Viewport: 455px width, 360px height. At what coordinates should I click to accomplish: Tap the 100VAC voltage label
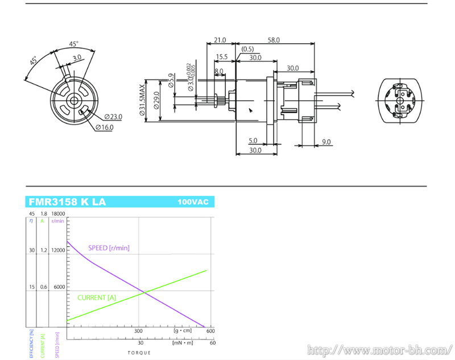tap(193, 202)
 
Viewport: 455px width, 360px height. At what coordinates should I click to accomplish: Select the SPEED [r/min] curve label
tap(109, 247)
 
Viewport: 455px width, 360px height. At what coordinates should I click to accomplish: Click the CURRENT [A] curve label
tap(97, 297)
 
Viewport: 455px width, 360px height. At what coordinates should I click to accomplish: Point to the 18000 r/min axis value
tap(59, 214)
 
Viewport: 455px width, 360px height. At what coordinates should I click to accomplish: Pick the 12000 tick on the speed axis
tap(59, 250)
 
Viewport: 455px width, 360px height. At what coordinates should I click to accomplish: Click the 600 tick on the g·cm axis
tap(210, 331)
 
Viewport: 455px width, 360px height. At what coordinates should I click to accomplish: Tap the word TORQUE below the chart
tap(139, 353)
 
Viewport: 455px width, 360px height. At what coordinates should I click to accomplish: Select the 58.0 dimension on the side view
tap(274, 40)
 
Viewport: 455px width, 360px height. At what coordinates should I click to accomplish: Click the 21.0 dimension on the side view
tap(220, 40)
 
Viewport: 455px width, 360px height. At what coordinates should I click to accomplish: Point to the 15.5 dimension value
tap(222, 57)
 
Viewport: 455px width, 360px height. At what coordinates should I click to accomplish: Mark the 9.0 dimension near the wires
tap(326, 142)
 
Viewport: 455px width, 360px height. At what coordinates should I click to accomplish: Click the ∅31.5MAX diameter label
tap(143, 101)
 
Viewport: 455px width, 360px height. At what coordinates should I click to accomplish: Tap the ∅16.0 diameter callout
tap(105, 127)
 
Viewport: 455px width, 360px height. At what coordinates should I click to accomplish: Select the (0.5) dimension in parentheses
tap(247, 49)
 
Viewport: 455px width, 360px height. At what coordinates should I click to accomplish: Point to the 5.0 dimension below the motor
tap(253, 141)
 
